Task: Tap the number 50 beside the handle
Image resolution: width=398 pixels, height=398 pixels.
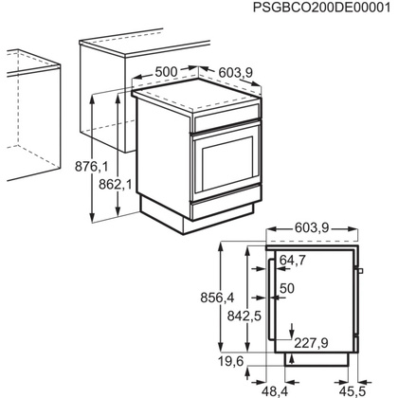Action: (288, 287)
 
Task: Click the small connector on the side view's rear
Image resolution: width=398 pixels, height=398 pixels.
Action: (359, 274)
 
